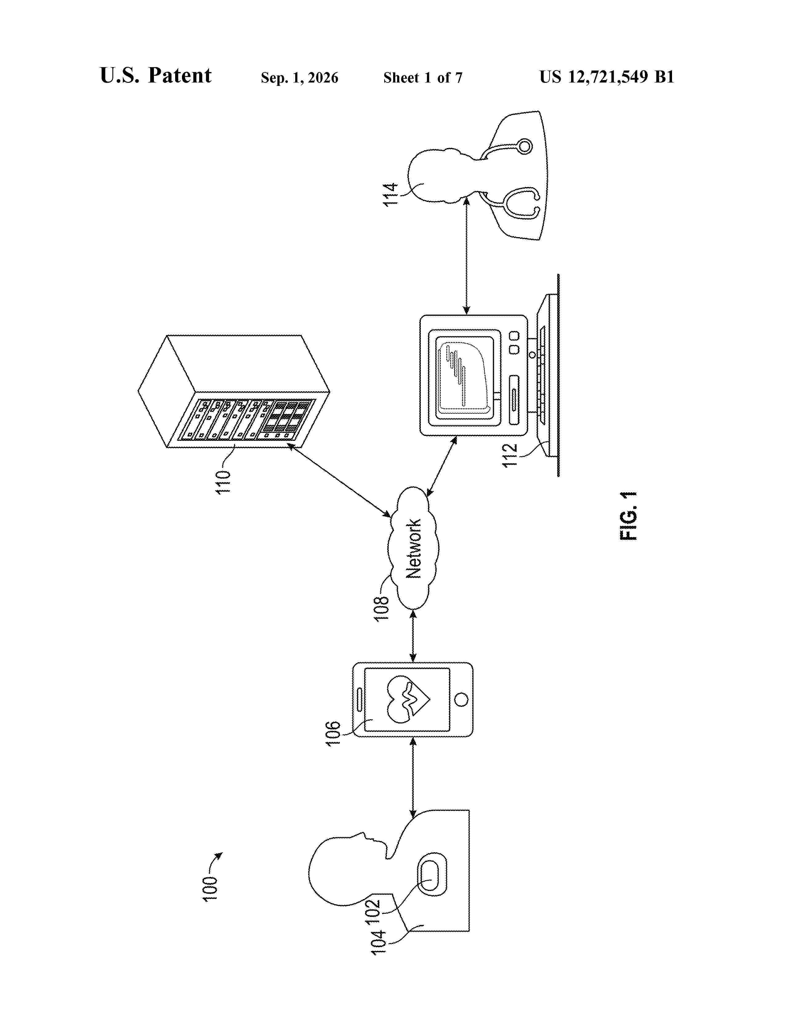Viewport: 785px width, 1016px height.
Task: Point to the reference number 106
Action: click(333, 734)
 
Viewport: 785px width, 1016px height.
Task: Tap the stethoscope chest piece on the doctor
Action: click(525, 146)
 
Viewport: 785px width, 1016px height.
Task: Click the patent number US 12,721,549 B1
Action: click(606, 77)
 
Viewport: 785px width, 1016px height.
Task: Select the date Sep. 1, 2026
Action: click(300, 77)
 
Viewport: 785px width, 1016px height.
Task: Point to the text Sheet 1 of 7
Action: click(423, 77)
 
